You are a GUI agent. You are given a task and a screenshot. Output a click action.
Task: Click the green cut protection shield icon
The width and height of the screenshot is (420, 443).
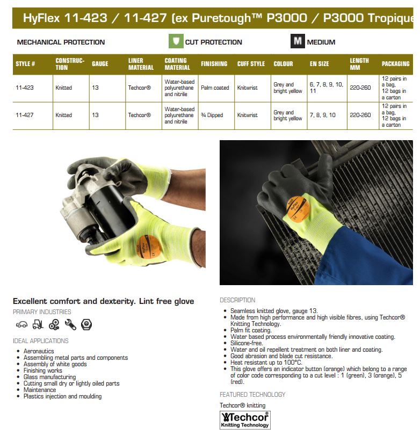176,41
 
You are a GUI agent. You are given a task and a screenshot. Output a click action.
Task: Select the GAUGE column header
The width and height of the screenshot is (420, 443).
100,64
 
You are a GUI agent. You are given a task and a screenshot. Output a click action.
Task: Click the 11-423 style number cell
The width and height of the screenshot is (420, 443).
25,88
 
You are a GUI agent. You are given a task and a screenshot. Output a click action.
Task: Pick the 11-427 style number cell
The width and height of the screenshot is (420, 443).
25,115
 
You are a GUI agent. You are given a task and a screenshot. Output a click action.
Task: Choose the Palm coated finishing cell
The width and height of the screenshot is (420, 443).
215,88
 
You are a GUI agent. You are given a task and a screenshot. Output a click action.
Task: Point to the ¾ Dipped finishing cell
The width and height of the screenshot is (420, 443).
214,115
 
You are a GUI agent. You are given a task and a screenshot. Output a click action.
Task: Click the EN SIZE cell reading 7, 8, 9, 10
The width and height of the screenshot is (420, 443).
322,115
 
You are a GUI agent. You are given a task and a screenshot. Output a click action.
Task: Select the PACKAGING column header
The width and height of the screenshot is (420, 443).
395,64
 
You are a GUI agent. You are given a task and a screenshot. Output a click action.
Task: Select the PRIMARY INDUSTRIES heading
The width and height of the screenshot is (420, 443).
42,312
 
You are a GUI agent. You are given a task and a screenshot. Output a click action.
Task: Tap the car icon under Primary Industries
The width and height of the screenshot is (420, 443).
21,324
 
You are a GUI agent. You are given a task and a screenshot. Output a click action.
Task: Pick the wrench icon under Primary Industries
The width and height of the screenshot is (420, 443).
70,324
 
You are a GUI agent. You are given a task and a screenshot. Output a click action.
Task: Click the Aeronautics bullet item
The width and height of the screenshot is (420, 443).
39,351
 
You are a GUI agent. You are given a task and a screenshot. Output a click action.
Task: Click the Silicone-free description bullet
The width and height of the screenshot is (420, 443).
248,343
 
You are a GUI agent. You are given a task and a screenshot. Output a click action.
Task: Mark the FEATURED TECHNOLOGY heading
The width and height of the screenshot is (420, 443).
252,395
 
